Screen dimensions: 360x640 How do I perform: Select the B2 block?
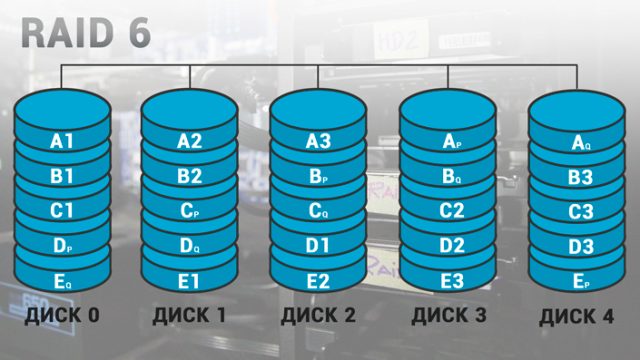click(x=189, y=177)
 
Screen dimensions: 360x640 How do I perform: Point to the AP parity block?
click(x=451, y=142)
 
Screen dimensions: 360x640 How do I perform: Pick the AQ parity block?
click(x=580, y=145)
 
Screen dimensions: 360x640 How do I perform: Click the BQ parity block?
click(x=451, y=177)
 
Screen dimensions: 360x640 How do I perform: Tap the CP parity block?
click(x=189, y=211)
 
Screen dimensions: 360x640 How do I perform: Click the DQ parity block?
click(x=189, y=246)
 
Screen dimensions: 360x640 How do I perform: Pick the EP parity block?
click(x=580, y=282)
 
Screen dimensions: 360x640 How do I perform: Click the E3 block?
click(x=451, y=280)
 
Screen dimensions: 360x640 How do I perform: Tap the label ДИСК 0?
click(x=62, y=317)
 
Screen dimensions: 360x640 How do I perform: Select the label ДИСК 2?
click(x=318, y=317)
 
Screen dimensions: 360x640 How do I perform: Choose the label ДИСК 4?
click(x=578, y=319)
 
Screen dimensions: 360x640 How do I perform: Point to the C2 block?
click(x=451, y=211)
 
